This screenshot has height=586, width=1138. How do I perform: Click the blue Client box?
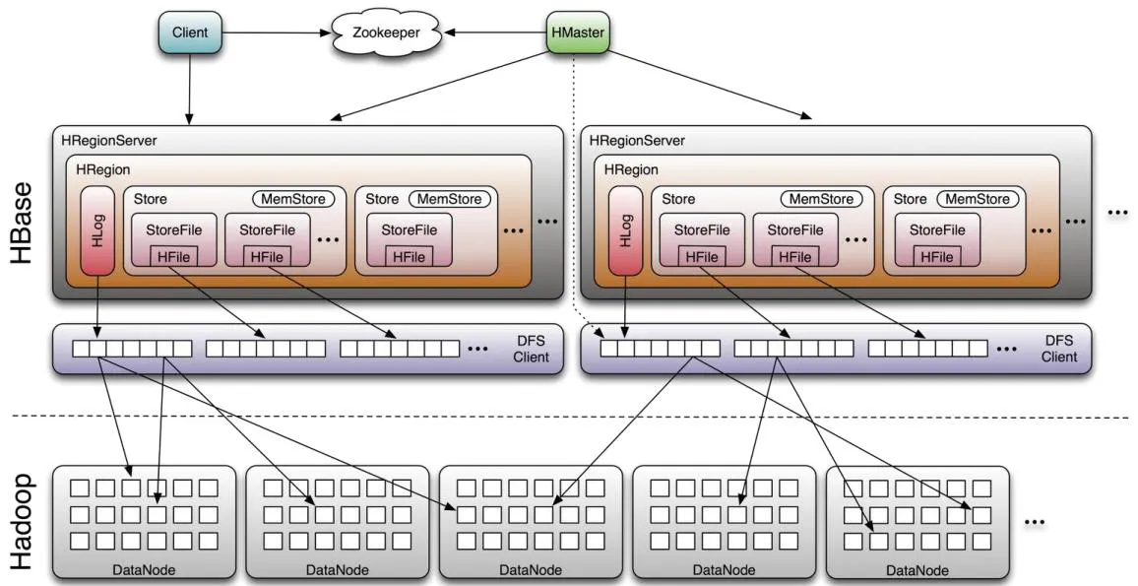click(x=190, y=33)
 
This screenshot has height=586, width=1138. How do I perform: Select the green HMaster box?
click(x=576, y=33)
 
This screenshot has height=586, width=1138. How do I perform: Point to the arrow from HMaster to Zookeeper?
click(x=493, y=33)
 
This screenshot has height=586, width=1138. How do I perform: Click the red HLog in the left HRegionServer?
click(x=97, y=228)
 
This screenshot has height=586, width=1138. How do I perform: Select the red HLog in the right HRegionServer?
click(x=625, y=228)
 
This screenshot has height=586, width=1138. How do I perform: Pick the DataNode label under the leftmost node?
click(x=145, y=569)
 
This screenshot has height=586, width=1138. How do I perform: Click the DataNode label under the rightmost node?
click(x=917, y=569)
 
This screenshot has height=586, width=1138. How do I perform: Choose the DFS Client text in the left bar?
click(x=531, y=349)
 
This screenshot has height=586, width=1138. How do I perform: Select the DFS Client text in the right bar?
click(x=1059, y=349)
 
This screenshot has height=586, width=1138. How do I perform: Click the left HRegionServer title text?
click(x=109, y=141)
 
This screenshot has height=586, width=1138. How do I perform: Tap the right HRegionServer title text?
click(x=637, y=141)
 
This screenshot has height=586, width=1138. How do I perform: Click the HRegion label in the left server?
click(x=103, y=169)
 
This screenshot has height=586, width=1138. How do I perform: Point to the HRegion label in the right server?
click(x=631, y=169)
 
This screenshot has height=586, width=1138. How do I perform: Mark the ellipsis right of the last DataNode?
click(x=1034, y=523)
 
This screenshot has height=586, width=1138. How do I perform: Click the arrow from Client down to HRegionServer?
click(x=190, y=89)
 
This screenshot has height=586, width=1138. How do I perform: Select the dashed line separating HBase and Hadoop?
click(x=571, y=417)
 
